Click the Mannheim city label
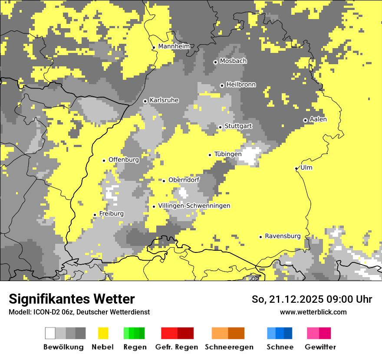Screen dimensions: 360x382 [x=174, y=46]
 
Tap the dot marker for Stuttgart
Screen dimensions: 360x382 [x=221, y=127]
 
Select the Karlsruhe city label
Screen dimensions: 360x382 [x=164, y=100]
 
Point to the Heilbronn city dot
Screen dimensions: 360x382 [x=222, y=85]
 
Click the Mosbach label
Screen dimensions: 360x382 [x=233, y=61]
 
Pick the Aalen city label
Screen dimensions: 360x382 [x=318, y=119]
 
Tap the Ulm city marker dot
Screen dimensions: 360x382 [x=296, y=168]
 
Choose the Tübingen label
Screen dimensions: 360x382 [x=228, y=154]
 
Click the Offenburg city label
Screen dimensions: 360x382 [x=124, y=160]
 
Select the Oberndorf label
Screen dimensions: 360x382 [x=184, y=180]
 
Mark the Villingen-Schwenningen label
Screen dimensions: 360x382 [x=194, y=206]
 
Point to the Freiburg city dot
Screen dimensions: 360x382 [x=95, y=215]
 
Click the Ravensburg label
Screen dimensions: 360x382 [x=283, y=236]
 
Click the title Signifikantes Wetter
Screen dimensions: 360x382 [x=72, y=299]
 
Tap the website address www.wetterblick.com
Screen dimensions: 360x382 [x=313, y=312]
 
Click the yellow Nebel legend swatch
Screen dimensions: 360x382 [x=103, y=333]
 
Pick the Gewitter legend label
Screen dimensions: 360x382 [x=320, y=347]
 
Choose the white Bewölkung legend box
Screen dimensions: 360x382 [x=50, y=333]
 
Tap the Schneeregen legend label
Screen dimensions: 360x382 [x=229, y=347]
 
